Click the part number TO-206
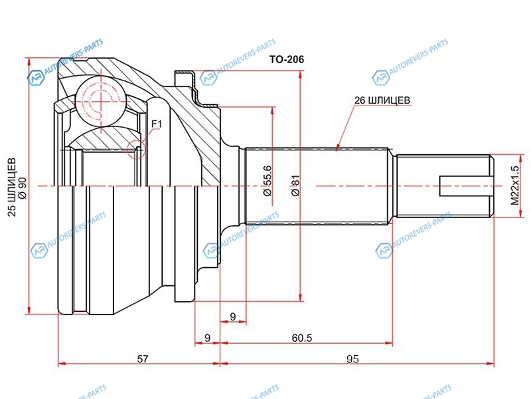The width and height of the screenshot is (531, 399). (286, 60)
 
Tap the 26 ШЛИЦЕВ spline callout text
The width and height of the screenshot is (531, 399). (382, 100)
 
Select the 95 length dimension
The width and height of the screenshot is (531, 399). (352, 359)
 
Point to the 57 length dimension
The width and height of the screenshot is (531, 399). (142, 359)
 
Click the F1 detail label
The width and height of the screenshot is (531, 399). (157, 124)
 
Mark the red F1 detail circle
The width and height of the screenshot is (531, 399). (136, 149)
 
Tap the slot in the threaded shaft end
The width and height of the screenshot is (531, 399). (465, 186)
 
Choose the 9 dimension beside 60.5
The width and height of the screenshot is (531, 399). (207, 338)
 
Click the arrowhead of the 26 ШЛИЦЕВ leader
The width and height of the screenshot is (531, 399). (338, 148)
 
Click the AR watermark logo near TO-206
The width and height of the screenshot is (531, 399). (210, 78)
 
